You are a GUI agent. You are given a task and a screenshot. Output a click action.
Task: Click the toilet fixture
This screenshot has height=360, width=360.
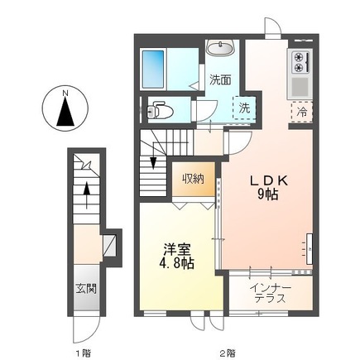(159, 110)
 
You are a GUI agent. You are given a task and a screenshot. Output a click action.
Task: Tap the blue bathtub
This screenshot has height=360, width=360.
(153, 69)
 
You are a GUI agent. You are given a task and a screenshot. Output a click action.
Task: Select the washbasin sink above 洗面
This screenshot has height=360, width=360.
(220, 48)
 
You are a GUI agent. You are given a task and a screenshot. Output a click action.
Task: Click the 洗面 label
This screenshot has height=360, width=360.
(220, 79)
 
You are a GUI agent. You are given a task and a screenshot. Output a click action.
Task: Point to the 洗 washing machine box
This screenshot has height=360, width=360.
(244, 108)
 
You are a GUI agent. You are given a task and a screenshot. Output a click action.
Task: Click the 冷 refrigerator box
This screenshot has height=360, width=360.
(302, 112)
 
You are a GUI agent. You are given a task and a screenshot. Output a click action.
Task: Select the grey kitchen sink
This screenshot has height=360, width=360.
(300, 86)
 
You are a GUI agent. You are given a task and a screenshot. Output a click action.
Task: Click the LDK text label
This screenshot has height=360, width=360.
(269, 181)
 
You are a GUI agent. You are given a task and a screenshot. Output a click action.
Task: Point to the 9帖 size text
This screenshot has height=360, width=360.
(267, 194)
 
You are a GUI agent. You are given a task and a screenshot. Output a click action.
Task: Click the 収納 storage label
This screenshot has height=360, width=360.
(193, 179)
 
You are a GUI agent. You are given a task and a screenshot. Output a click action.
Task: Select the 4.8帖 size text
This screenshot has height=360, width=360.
(176, 264)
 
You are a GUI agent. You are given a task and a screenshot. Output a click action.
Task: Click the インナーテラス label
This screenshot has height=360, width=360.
(271, 293)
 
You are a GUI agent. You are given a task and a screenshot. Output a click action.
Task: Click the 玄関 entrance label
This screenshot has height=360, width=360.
(86, 289)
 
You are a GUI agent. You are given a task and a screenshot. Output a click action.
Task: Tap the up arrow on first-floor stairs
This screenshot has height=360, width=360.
(87, 195)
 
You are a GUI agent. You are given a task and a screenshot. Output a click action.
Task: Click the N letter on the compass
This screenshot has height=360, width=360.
(65, 94)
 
